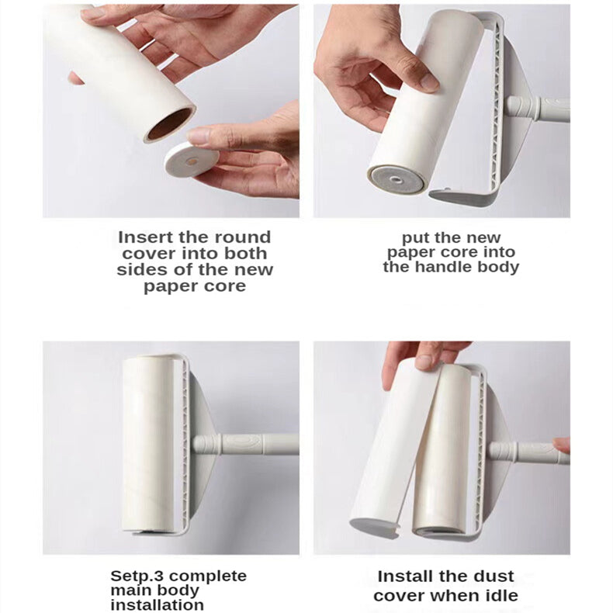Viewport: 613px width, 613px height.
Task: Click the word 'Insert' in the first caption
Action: (144, 237)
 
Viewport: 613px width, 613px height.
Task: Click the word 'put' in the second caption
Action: (414, 238)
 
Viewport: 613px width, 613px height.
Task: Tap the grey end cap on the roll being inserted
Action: (396, 180)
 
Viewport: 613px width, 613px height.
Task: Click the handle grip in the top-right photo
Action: (538, 109)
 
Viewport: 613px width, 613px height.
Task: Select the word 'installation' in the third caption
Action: (158, 604)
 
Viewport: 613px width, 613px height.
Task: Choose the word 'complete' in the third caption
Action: (207, 577)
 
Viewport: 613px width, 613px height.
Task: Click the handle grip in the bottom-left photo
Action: (246, 445)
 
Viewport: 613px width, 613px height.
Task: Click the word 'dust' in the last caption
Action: (494, 577)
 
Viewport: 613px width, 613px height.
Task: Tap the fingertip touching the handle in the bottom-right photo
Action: (562, 445)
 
